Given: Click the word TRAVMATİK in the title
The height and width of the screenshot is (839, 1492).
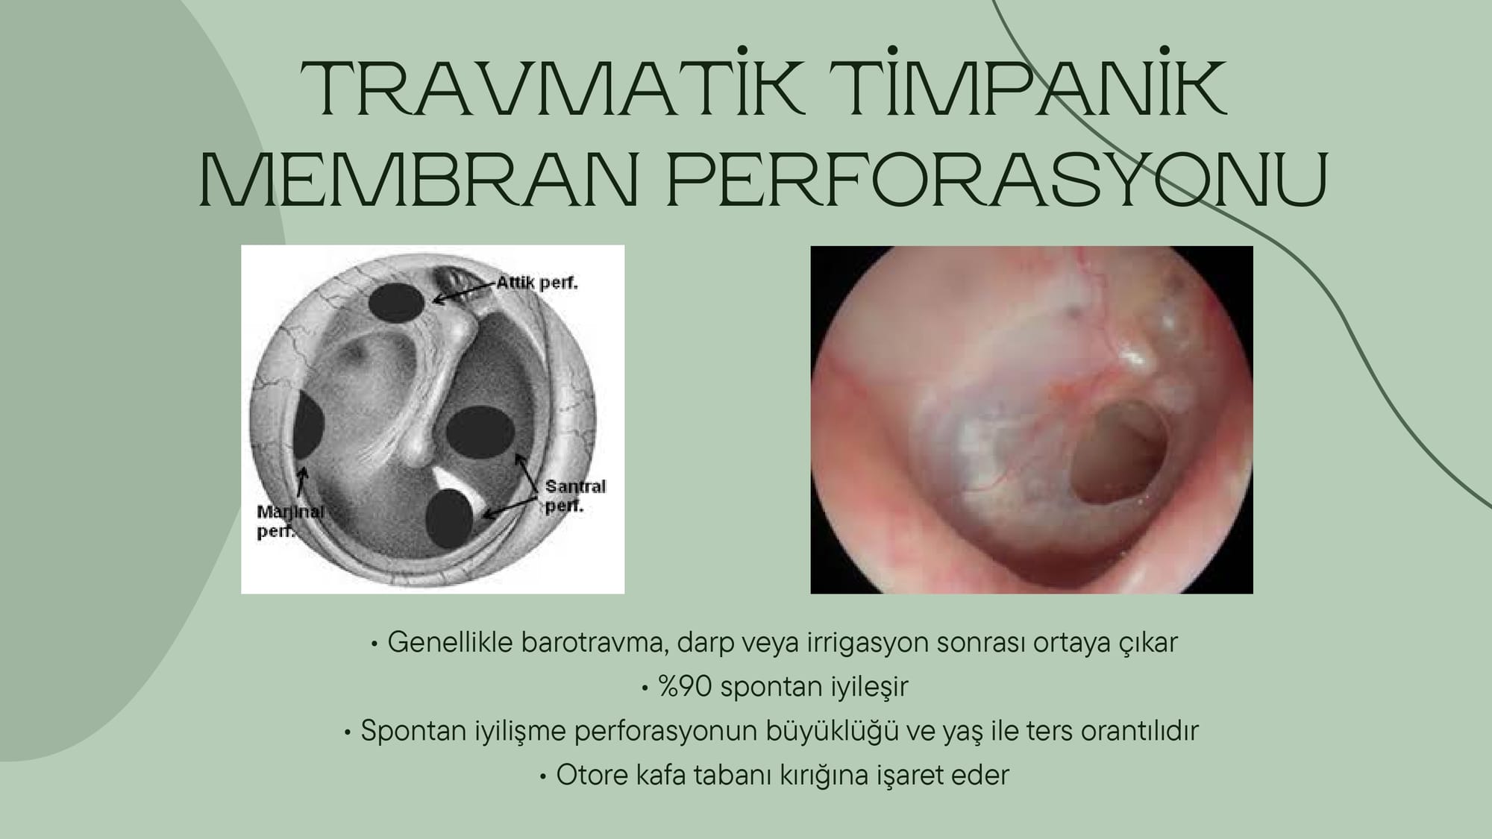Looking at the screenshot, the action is point(552,89).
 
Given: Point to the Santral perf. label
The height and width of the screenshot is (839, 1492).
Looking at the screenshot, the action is point(575,497).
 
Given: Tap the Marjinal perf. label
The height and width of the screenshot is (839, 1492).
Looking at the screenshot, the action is point(290,521).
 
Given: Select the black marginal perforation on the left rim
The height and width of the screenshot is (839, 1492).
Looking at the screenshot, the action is point(308,426).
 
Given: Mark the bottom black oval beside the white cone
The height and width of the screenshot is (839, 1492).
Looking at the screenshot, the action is point(449,518).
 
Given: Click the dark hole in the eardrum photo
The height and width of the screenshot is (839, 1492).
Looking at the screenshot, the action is point(1119,451).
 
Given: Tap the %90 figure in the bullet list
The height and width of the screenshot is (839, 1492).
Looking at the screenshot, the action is point(685,686).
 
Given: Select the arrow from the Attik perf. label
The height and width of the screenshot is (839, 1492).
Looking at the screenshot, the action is point(465,292).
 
